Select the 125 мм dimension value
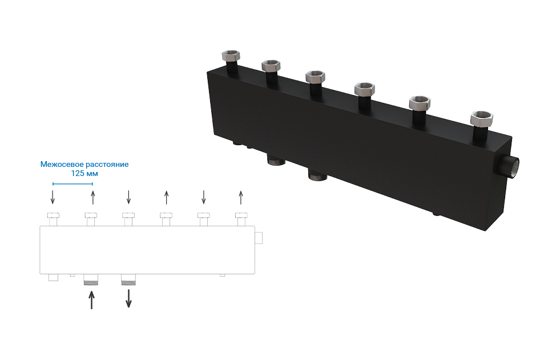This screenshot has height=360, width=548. (84, 173)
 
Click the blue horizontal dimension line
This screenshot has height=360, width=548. (72, 183)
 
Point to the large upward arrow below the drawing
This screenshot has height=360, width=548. (91, 301)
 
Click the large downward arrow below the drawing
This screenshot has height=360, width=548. (128, 298)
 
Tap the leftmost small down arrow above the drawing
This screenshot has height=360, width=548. (53, 197)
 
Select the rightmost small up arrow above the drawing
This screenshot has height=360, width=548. (241, 198)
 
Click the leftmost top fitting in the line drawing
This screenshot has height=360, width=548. (53, 219)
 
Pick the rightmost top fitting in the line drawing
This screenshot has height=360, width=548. (241, 219)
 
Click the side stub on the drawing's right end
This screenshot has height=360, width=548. (259, 238)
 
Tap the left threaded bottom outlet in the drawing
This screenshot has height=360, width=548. (91, 279)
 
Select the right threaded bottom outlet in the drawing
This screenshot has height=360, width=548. (128, 279)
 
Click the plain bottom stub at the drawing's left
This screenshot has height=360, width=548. (53, 278)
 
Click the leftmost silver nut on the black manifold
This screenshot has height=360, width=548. (231, 55)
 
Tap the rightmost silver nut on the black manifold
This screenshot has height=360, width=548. (482, 118)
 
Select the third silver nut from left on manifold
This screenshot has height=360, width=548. (315, 76)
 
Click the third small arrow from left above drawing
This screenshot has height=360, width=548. (128, 197)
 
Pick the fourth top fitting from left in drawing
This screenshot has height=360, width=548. (166, 219)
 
